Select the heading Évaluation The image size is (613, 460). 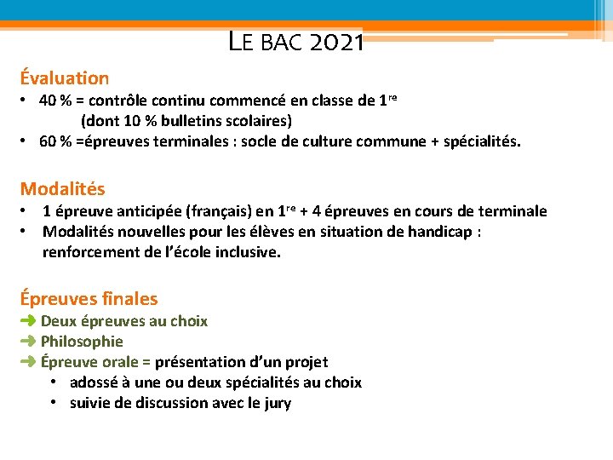click(65, 78)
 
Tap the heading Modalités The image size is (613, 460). click(62, 188)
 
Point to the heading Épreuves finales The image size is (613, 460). click(89, 299)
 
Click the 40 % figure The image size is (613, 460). click(55, 101)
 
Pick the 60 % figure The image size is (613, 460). click(55, 141)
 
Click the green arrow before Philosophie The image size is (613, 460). click(28, 342)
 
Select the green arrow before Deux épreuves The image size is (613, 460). click(28, 321)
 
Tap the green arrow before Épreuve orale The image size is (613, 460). click(28, 362)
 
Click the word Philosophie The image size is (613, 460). click(82, 342)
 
